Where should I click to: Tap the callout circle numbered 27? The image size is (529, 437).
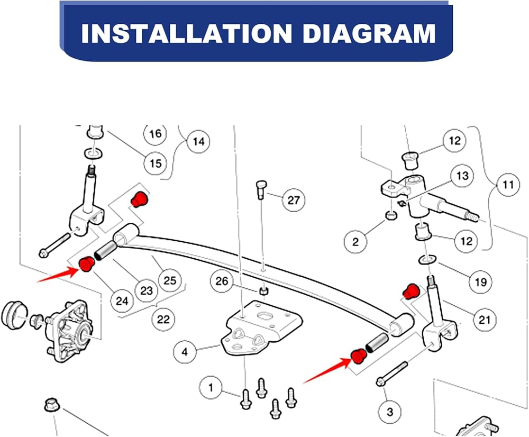click(294, 201)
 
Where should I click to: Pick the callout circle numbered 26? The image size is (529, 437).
click(222, 281)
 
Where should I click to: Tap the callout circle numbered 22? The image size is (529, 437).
click(163, 319)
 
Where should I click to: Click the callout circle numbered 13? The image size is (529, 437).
click(462, 175)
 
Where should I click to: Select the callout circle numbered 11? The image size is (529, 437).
click(508, 185)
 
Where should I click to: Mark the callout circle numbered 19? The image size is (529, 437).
click(480, 282)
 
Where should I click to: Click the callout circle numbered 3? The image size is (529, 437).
click(390, 411)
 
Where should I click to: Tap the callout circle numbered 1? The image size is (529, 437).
click(211, 388)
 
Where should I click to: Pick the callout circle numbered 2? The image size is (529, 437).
click(355, 242)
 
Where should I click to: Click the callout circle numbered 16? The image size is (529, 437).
click(155, 133)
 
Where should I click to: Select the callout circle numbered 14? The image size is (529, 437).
click(198, 142)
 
